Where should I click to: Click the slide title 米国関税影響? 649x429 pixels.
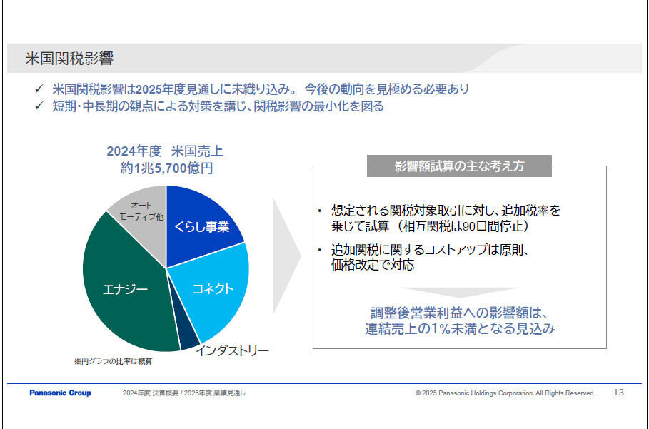coord(69,59)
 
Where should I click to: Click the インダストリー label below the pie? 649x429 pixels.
coord(232,350)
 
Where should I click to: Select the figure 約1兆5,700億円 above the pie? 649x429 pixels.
coord(167,168)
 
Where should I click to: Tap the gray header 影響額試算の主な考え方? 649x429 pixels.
coord(459,166)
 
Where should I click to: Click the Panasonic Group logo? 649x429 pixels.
coord(61,393)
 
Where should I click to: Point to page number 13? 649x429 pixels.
coord(618,392)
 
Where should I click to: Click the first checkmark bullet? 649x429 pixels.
coord(39,89)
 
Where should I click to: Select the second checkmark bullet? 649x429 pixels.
coord(39,106)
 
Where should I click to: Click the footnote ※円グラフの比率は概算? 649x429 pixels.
coord(114,361)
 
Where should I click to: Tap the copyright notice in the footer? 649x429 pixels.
coord(505,393)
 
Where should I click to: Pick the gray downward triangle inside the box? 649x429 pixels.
coord(459,293)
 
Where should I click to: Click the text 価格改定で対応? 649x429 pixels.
coord(373,265)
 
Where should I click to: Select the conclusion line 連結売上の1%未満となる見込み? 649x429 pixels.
coord(460,328)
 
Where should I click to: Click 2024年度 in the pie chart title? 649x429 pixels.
coord(134,151)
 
